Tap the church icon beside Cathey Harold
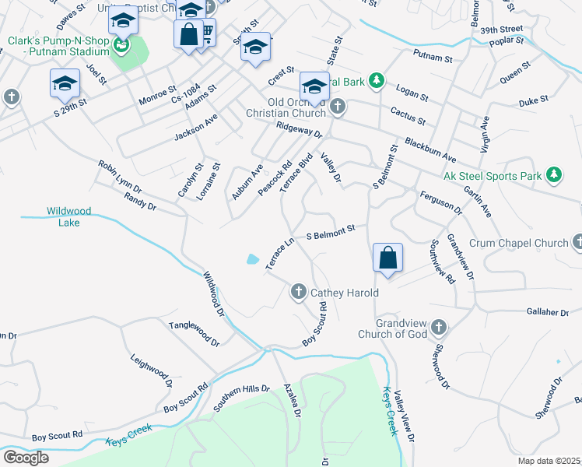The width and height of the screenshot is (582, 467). pos(298,292)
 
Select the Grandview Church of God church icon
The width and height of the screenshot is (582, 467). pos(439,326)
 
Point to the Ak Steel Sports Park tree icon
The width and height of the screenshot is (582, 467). pos(553,175)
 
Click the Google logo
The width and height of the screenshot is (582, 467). pos(26,458)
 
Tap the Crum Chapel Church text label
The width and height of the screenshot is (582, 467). pos(519,243)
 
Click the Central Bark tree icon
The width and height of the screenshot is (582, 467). pos(377,79)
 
